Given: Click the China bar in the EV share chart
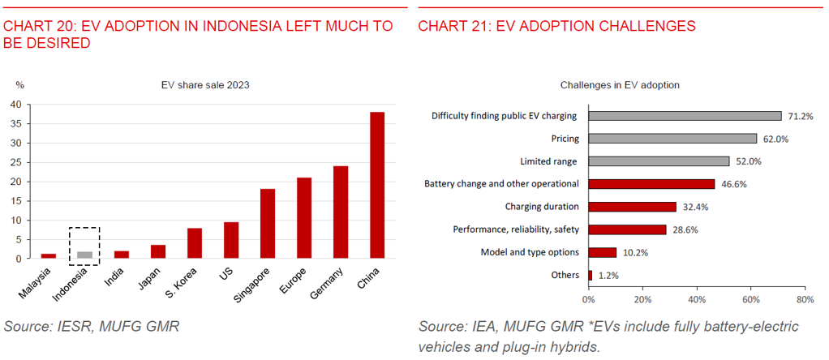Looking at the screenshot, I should click(x=377, y=185).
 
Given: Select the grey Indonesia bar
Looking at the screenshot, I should click(x=84, y=255).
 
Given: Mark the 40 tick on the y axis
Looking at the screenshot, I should click(x=15, y=105).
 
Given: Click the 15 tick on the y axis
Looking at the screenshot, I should click(x=15, y=201).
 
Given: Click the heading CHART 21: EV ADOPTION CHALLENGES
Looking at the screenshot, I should click(x=556, y=26).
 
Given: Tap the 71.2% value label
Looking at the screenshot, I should click(x=800, y=116).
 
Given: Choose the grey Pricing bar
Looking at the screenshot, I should click(x=672, y=139).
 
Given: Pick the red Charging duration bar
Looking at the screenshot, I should click(x=632, y=207).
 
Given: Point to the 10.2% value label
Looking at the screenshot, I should click(x=636, y=252).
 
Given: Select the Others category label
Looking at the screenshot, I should click(x=565, y=275).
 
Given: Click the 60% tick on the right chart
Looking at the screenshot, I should click(x=751, y=299).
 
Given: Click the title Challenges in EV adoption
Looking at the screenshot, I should click(x=620, y=85).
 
